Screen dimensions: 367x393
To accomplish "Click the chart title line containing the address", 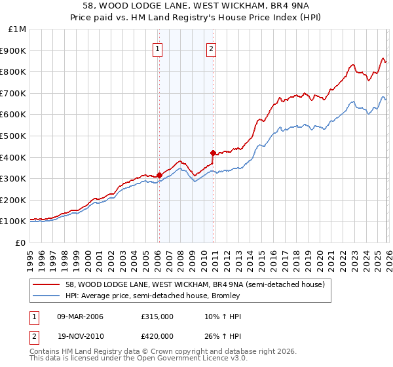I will [x=196, y=6].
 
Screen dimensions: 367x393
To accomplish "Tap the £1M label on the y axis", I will [x=16, y=29].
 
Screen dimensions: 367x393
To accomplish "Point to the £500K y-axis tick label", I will [x=14, y=136].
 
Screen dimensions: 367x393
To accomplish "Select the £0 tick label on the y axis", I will [x=21, y=242].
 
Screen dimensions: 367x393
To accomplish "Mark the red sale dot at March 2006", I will [x=159, y=175].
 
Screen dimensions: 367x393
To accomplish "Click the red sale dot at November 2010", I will [x=214, y=153].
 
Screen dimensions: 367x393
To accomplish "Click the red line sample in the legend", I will [x=47, y=284].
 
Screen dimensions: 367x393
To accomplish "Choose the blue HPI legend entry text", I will [x=153, y=296].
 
